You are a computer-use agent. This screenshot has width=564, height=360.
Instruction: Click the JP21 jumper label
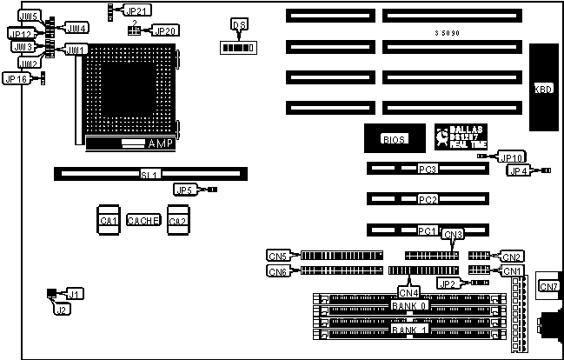click(137, 11)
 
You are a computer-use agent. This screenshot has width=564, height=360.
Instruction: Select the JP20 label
click(164, 30)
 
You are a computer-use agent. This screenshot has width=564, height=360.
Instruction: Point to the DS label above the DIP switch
click(240, 25)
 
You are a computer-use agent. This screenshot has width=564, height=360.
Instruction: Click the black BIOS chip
click(394, 139)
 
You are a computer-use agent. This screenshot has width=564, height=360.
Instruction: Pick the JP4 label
click(517, 170)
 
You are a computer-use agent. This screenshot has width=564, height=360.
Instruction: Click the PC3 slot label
click(427, 169)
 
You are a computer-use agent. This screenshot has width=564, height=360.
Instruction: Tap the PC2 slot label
click(427, 200)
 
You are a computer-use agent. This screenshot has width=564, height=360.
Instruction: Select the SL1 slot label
click(149, 175)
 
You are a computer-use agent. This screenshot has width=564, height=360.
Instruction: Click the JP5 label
click(184, 190)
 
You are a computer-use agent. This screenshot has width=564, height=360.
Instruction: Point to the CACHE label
click(143, 220)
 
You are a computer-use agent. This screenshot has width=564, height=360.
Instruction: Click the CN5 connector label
click(277, 256)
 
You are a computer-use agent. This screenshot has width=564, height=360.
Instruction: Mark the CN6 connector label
click(277, 271)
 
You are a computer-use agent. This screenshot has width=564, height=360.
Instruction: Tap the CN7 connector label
click(549, 286)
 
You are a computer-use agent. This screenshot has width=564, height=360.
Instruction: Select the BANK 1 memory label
click(409, 330)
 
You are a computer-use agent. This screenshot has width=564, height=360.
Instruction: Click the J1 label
click(76, 294)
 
